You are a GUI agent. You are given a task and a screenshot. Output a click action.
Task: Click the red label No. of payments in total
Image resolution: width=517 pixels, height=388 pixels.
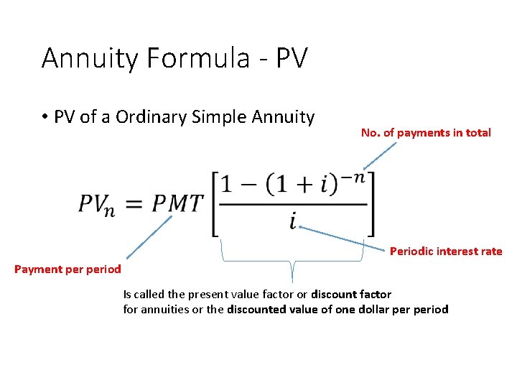tap(426, 132)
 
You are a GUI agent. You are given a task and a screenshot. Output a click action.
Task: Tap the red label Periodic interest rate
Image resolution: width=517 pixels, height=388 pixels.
tap(446, 251)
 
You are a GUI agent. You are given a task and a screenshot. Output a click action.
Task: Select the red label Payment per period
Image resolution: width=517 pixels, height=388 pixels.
tap(68, 269)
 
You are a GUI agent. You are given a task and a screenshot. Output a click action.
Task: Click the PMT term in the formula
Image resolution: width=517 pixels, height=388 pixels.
tap(177, 204)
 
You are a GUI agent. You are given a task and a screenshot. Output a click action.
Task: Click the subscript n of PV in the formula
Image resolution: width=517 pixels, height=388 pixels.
tap(108, 211)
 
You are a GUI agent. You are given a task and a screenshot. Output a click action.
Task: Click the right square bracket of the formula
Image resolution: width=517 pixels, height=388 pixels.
tap(371, 204)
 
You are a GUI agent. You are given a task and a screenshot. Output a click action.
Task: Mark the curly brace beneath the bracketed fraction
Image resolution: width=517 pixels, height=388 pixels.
tap(292, 258)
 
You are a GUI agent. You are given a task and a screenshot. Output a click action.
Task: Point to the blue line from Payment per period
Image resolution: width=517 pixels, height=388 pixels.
tap(149, 238)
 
